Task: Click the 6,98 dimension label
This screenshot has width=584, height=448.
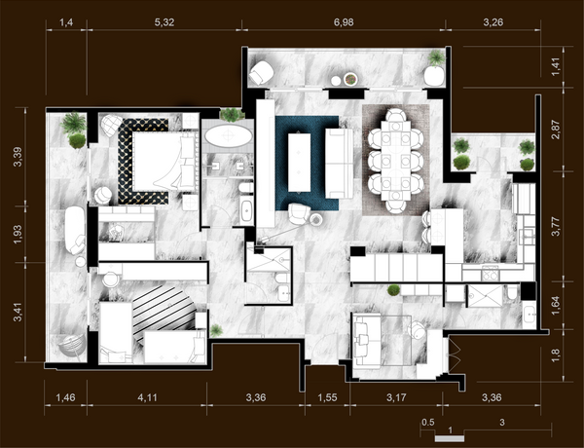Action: click(344, 22)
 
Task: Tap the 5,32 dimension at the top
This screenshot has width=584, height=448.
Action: click(164, 22)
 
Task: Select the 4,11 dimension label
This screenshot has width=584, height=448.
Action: click(147, 397)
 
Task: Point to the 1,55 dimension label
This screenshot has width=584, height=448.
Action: click(327, 397)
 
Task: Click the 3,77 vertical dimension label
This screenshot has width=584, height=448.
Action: click(556, 226)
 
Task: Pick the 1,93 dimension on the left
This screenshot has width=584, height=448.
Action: click(18, 235)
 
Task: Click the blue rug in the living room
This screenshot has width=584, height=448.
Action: click(307, 163)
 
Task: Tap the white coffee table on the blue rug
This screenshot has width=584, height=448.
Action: click(300, 163)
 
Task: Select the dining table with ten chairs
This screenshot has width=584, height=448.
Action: click(396, 161)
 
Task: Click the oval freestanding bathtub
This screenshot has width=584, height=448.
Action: click(229, 136)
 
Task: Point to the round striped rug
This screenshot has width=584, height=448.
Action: click(164, 313)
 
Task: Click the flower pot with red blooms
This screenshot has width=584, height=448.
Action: click(350, 79)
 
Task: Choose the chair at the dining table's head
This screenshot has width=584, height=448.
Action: click(396, 114)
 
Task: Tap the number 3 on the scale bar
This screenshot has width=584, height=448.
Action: click(502, 423)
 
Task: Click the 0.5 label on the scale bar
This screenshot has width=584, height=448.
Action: click(428, 423)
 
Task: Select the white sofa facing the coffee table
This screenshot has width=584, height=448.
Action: click(339, 164)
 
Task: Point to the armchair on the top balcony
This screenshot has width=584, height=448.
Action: click(262, 72)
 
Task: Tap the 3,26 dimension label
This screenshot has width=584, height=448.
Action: click(493, 22)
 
